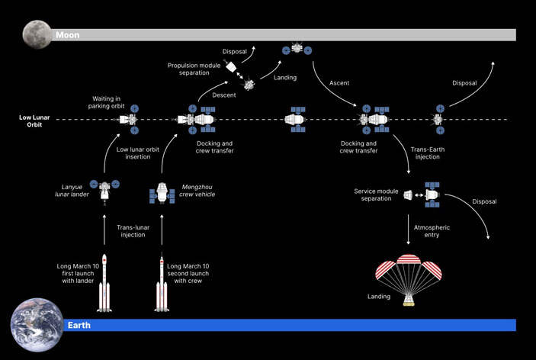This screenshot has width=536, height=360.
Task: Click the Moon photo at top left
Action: pyautogui.click(x=35, y=34)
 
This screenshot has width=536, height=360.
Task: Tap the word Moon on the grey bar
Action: pyautogui.click(x=68, y=35)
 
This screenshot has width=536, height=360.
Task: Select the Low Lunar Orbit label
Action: pyautogui.click(x=37, y=121)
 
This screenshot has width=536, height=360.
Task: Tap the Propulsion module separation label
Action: pyautogui.click(x=194, y=69)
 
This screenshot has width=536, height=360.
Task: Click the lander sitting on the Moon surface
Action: pyautogui.click(x=297, y=49)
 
